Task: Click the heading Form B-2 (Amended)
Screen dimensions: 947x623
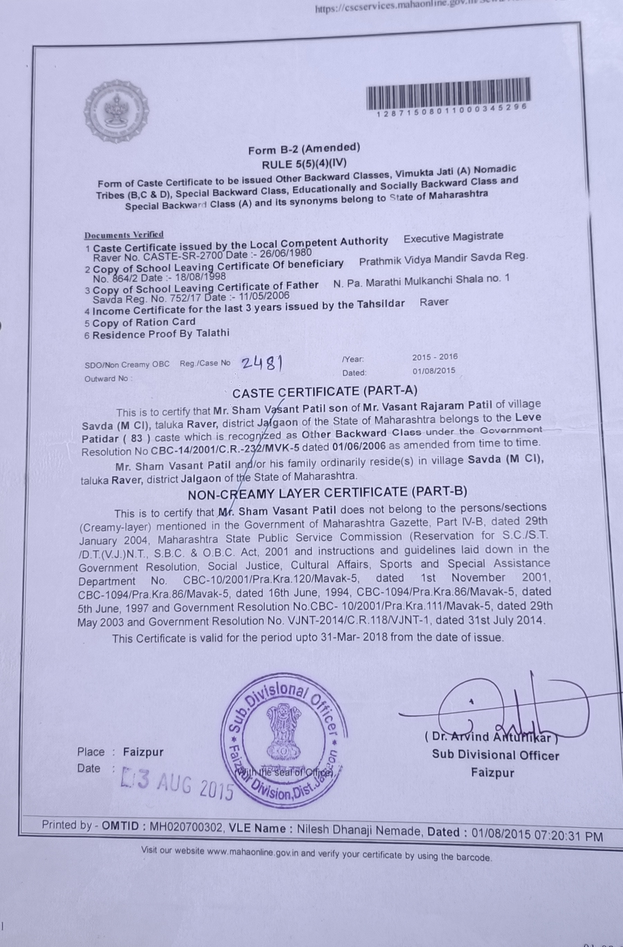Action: click(x=304, y=149)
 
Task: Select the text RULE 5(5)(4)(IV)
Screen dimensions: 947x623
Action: click(x=304, y=163)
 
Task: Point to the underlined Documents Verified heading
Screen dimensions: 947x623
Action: click(x=124, y=235)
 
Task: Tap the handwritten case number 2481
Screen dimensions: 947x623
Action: click(x=263, y=362)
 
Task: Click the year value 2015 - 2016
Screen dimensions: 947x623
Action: click(x=434, y=357)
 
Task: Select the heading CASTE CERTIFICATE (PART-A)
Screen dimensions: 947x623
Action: click(x=324, y=391)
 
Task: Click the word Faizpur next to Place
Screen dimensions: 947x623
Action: click(x=143, y=752)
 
